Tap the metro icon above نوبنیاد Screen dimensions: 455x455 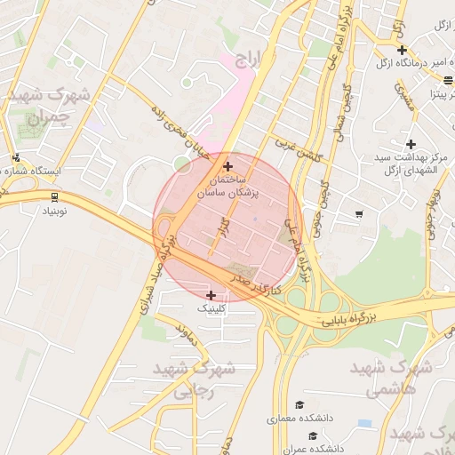55,197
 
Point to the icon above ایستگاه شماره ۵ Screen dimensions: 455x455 15,158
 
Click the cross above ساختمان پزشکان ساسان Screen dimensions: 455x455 228,165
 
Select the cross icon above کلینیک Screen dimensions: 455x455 211,295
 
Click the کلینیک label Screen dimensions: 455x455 212,308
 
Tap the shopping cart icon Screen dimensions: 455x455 358,213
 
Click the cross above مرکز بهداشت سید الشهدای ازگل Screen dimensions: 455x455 411,144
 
